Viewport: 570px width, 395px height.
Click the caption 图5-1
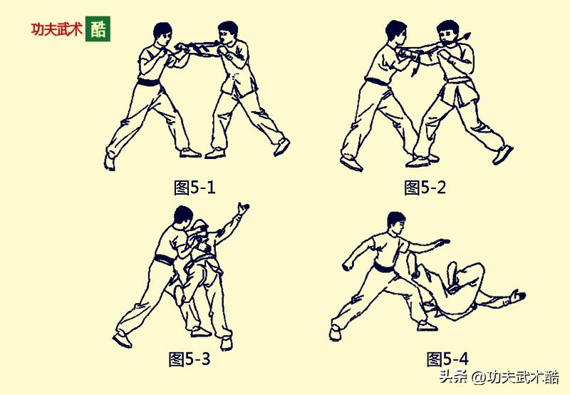[195, 188]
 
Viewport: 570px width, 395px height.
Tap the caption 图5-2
[425, 188]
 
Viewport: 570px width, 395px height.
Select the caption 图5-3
[189, 359]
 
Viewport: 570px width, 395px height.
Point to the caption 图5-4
[447, 359]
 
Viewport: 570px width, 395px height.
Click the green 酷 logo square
[98, 29]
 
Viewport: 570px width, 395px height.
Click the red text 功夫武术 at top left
[56, 30]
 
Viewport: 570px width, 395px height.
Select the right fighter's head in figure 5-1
[227, 34]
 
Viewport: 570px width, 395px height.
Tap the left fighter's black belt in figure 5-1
[150, 83]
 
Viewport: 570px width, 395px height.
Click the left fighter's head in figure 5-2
[396, 33]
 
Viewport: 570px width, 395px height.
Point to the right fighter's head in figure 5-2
[447, 33]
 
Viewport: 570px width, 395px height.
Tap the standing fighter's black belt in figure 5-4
[385, 269]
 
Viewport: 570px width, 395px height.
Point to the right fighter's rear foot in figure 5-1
[282, 146]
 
